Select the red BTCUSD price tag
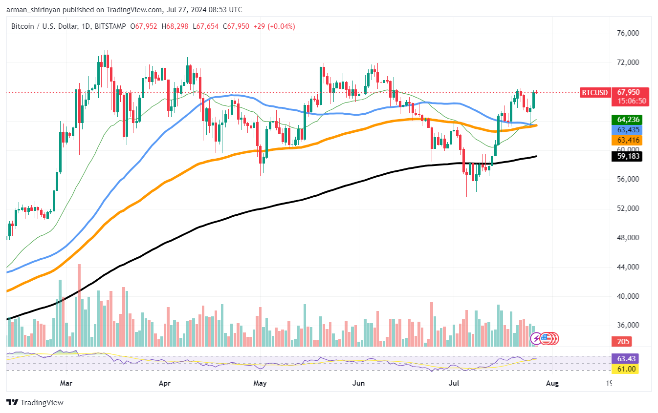click(x=594, y=92)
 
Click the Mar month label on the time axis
click(x=66, y=383)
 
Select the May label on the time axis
click(x=260, y=383)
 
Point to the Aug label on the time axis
click(x=552, y=383)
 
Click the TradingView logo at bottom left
click(x=35, y=403)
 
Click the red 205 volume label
click(x=623, y=341)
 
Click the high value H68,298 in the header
click(x=178, y=26)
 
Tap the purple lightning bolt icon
click(x=536, y=338)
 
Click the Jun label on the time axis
click(x=359, y=383)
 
